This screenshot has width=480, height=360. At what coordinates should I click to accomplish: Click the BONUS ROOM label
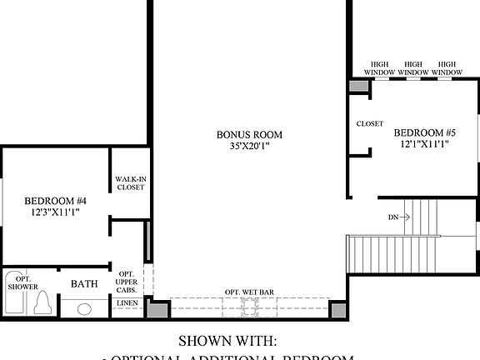(x=249, y=134)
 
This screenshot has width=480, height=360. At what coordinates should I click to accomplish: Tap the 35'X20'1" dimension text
(x=249, y=147)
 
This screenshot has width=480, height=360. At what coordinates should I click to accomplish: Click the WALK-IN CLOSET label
(x=129, y=182)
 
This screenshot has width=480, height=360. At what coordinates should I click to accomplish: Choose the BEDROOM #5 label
(x=425, y=132)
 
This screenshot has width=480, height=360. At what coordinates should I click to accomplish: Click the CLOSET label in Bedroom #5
(x=369, y=124)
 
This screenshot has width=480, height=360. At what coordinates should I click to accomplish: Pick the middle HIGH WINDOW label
(x=415, y=68)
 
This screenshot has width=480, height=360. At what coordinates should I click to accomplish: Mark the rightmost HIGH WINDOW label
(x=449, y=68)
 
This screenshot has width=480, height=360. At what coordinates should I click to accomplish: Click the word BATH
(x=84, y=284)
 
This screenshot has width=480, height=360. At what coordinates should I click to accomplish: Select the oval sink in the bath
(x=84, y=309)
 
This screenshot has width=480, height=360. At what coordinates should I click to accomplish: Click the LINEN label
(x=127, y=302)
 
